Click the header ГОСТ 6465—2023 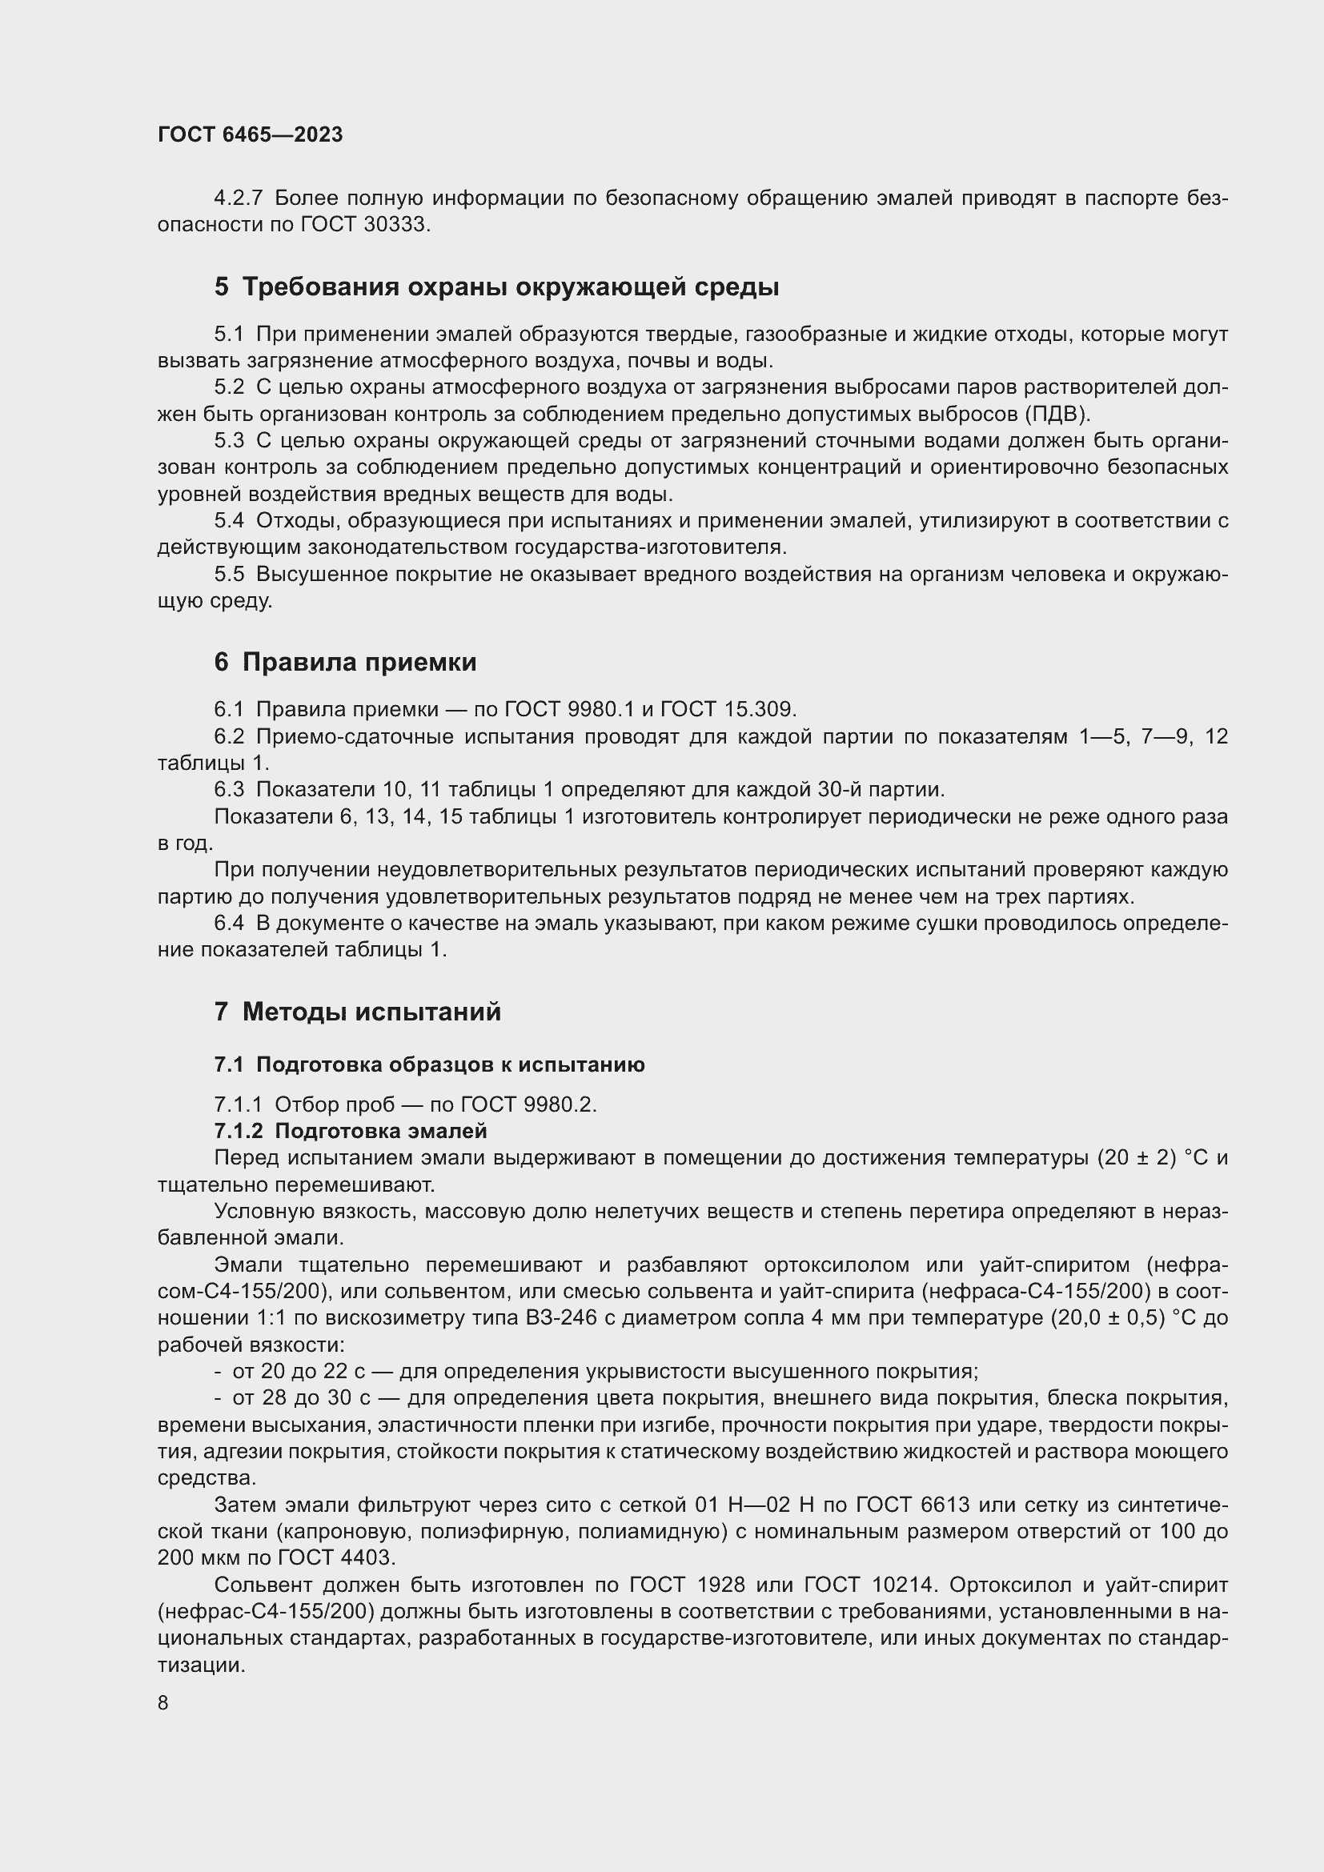point(250,135)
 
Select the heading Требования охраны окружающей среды point(511,287)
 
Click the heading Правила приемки point(359,662)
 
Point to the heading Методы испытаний point(371,1012)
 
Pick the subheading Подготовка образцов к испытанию point(450,1064)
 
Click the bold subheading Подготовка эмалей point(380,1131)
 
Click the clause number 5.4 point(229,521)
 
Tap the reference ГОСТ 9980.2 point(528,1104)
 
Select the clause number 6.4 point(229,923)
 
